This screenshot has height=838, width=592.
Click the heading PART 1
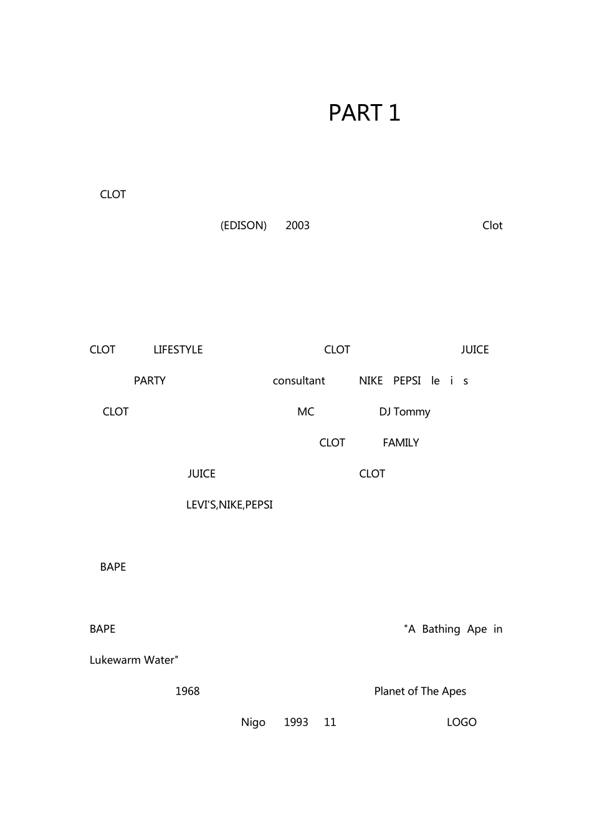364,113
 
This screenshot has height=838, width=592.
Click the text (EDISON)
243,226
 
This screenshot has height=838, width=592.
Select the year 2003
297,226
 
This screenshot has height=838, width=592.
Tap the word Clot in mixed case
492,226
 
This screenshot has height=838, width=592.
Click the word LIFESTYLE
178,350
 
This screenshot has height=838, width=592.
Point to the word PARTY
150,381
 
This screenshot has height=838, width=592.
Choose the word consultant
298,381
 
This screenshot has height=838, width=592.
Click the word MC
305,412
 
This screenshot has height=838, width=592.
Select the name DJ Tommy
404,412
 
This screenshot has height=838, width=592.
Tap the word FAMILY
401,443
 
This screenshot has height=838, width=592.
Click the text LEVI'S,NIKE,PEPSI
229,505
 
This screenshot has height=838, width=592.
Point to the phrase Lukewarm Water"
134,660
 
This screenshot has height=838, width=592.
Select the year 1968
187,691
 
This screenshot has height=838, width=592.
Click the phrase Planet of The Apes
420,691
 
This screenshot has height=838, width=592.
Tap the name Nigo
253,723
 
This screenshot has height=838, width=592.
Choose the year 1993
296,723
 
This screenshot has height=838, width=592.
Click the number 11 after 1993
330,723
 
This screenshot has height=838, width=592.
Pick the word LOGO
461,723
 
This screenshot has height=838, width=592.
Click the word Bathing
441,629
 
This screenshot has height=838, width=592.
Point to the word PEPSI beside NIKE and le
407,381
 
